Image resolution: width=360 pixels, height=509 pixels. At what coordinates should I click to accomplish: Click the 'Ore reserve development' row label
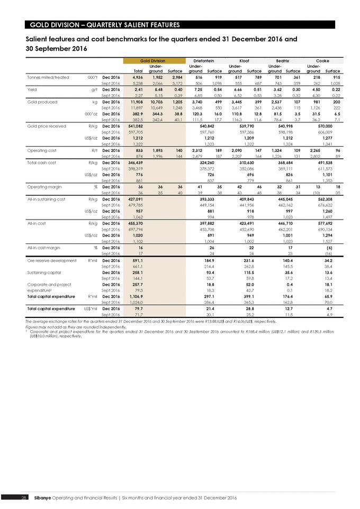(x=49, y=261)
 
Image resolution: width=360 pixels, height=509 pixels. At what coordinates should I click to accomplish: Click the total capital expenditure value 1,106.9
(x=139, y=297)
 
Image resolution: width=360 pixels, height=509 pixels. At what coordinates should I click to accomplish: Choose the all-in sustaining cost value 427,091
(x=139, y=199)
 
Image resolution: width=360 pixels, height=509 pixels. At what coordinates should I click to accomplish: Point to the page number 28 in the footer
(x=24, y=498)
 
